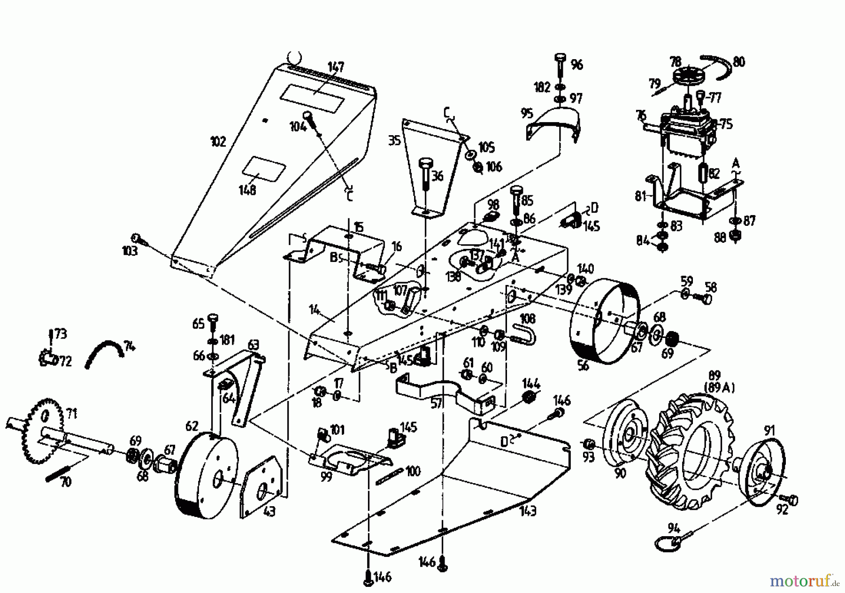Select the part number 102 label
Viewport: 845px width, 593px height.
[x=219, y=141]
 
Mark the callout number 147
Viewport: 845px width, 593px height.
[x=336, y=67]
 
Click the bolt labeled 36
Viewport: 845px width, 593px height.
[x=426, y=166]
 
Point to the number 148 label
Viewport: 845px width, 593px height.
[x=247, y=190]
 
